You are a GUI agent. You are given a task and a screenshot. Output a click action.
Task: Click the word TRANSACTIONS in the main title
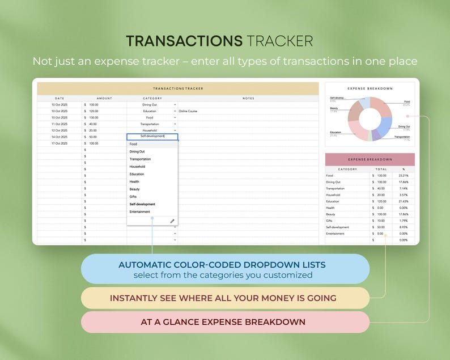pyautogui.click(x=184, y=41)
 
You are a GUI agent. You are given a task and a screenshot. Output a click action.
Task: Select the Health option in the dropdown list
pyautogui.click(x=134, y=181)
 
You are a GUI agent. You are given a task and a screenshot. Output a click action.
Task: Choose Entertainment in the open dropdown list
pyautogui.click(x=139, y=211)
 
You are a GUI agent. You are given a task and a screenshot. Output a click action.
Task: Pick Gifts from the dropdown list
pyautogui.click(x=133, y=196)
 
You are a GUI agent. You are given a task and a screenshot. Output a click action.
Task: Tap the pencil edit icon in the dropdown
pyautogui.click(x=172, y=221)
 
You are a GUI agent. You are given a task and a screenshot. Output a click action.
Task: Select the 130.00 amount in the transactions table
pyautogui.click(x=94, y=117)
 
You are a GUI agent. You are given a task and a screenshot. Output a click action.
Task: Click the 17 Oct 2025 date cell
pyautogui.click(x=60, y=143)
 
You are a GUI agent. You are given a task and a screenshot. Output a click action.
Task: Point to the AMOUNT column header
pyautogui.click(x=104, y=99)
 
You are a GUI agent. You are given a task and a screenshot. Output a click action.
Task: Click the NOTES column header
pyautogui.click(x=248, y=99)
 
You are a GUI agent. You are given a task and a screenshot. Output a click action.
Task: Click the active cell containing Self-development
pyautogui.click(x=152, y=137)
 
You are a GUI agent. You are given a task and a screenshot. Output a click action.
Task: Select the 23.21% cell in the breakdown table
pyautogui.click(x=403, y=176)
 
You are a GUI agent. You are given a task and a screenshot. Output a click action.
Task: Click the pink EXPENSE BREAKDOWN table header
pyautogui.click(x=370, y=159)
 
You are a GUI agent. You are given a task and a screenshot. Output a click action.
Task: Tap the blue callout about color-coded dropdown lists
pyautogui.click(x=225, y=269)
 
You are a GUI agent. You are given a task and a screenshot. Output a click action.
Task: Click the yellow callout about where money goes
pyautogui.click(x=225, y=298)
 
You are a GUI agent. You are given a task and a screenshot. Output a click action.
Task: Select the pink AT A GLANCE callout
pyautogui.click(x=225, y=322)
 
